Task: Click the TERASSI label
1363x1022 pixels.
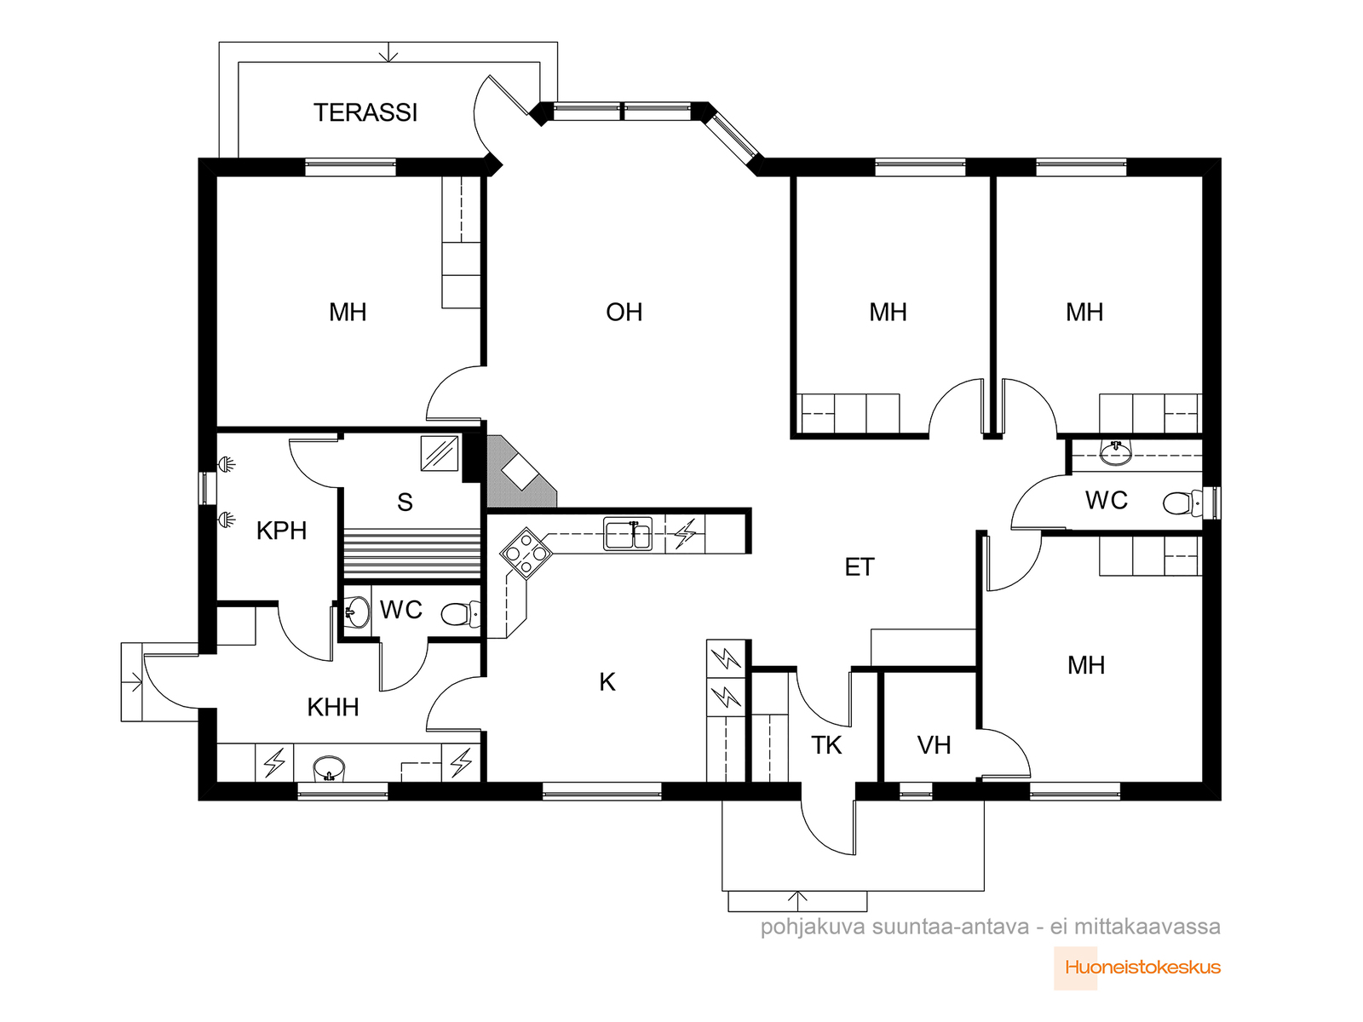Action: click(365, 112)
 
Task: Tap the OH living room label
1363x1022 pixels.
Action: click(624, 312)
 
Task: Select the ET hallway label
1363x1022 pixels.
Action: click(860, 566)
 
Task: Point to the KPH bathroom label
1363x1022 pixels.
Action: click(281, 531)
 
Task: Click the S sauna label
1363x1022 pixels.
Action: click(405, 502)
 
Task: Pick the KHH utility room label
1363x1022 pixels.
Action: click(333, 708)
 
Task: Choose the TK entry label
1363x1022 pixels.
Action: click(826, 745)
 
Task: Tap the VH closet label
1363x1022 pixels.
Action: click(934, 745)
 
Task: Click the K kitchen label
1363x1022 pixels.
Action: click(607, 682)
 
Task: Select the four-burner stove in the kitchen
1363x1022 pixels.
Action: click(526, 553)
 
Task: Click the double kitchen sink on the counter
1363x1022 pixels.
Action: click(628, 534)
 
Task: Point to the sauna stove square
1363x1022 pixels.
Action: click(440, 454)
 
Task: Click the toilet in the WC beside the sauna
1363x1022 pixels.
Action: click(460, 614)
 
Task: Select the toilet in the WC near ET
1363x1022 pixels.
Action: click(1183, 502)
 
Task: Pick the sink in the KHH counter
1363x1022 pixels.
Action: click(329, 768)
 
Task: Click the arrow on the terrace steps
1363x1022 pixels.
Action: click(388, 52)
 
